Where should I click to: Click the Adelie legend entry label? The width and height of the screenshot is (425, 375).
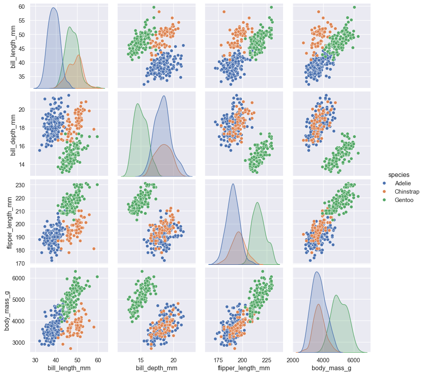coord(403,183)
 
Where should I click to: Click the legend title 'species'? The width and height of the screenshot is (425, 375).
coord(399,175)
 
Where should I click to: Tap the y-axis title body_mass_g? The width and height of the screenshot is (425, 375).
coord(7,310)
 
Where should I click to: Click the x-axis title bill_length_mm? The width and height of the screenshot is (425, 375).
coord(69,368)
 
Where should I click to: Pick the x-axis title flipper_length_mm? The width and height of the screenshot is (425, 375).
coord(244,368)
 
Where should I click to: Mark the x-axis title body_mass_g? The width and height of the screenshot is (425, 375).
coord(332,368)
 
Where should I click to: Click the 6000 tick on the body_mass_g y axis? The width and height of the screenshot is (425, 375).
coord(19,278)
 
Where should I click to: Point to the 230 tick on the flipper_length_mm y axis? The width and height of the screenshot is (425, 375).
coord(21,185)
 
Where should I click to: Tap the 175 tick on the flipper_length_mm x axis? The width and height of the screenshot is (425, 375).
coord(218,359)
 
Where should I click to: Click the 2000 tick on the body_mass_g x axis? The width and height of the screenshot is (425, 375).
coord(293,359)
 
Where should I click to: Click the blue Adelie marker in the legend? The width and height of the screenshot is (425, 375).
coord(384,183)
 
